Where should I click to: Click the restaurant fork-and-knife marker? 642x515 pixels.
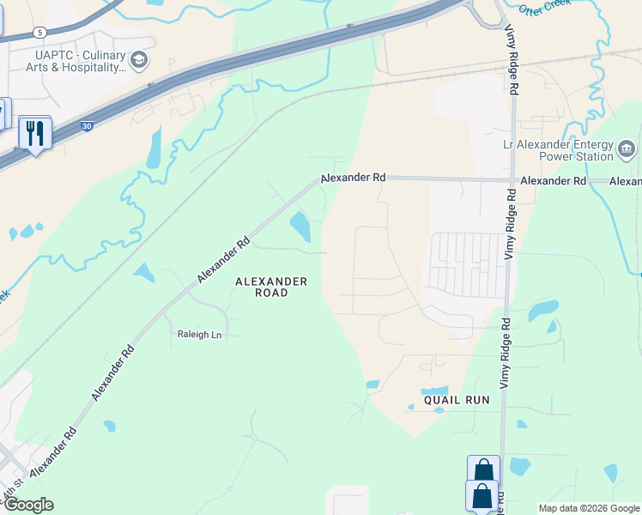35,133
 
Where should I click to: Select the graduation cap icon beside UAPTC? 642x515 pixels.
139,59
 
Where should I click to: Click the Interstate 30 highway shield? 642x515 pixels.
87,125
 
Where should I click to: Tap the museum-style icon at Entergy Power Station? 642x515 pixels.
627,149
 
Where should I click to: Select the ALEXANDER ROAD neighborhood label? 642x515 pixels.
271,287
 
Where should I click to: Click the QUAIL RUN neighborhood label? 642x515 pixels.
456,400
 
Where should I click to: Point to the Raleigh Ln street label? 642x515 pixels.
199,335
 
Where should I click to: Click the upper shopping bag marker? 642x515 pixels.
483,470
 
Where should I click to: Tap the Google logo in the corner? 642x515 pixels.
27,505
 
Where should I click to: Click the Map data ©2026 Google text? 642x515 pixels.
589,508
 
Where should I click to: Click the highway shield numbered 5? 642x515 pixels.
39,32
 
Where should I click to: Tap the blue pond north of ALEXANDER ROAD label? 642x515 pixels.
300,227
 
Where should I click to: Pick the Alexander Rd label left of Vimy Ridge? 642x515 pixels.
354,178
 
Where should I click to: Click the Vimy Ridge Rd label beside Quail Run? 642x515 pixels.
506,361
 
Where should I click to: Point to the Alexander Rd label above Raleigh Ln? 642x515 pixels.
223,259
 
